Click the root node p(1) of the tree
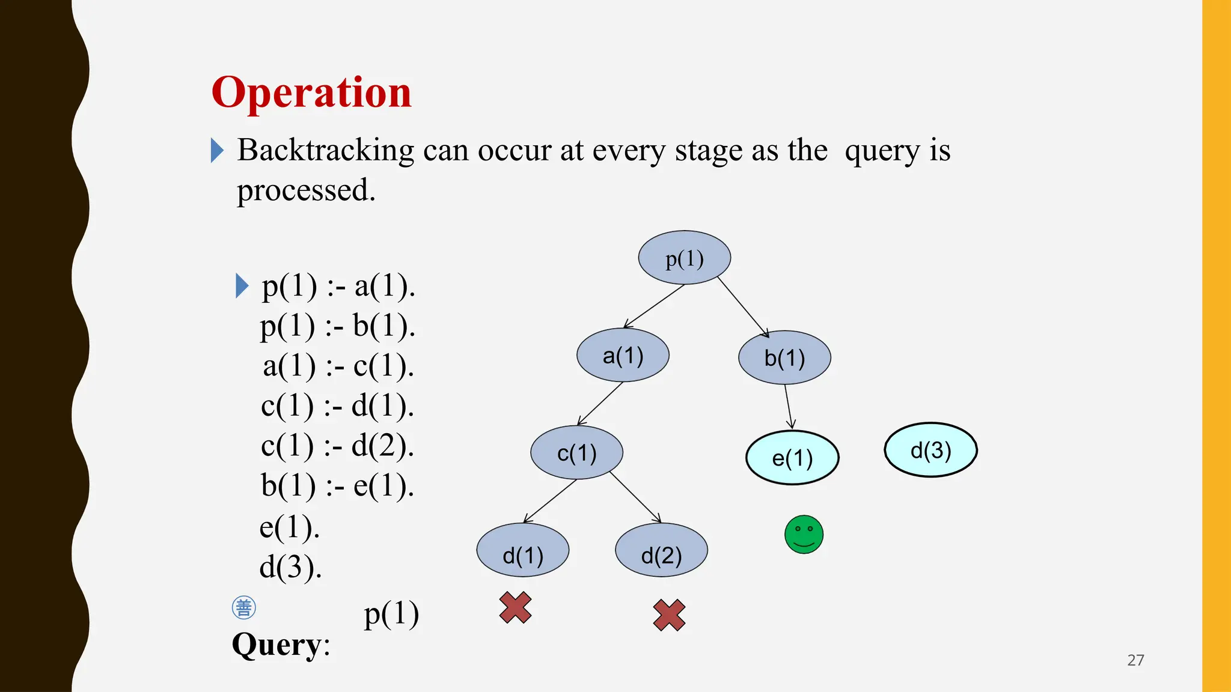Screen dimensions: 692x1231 click(x=684, y=258)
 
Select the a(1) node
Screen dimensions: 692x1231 click(x=623, y=356)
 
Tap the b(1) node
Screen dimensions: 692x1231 click(x=784, y=358)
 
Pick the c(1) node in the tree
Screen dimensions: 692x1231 click(x=576, y=453)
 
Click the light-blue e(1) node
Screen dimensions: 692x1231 click(x=792, y=458)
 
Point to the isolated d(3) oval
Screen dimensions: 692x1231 click(x=930, y=450)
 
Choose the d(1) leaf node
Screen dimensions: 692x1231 click(x=523, y=551)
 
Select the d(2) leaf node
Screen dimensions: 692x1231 click(x=661, y=551)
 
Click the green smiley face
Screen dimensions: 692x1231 click(x=804, y=534)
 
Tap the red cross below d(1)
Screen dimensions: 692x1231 click(x=515, y=607)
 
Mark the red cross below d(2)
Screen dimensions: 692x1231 click(x=669, y=615)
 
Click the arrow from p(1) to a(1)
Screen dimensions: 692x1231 click(x=654, y=306)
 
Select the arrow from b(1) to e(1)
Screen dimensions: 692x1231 click(x=789, y=407)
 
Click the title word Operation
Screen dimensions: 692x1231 click(x=311, y=93)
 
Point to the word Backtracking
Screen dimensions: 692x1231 click(x=325, y=150)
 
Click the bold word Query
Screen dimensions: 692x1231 click(x=277, y=645)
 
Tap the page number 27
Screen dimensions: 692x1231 click(x=1135, y=660)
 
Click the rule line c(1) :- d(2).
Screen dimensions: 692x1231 click(x=337, y=446)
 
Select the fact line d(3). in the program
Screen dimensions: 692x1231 click(x=290, y=566)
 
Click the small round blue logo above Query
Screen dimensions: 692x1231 click(x=243, y=608)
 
